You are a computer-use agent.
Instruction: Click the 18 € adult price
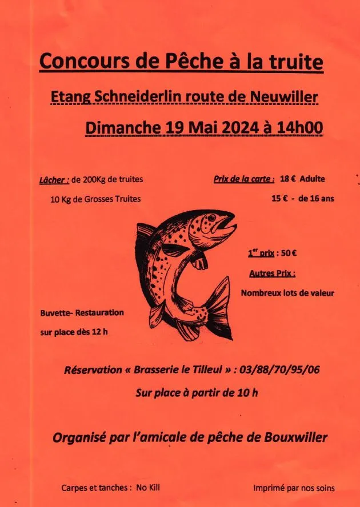[287, 179]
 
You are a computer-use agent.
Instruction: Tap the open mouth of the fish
[230, 226]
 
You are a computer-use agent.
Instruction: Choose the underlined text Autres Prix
[272, 273]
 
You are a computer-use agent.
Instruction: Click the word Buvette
[57, 313]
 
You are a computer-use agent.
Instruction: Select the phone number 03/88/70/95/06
[282, 370]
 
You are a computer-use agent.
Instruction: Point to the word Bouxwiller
[297, 438]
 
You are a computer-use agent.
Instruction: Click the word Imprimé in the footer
[271, 488]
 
